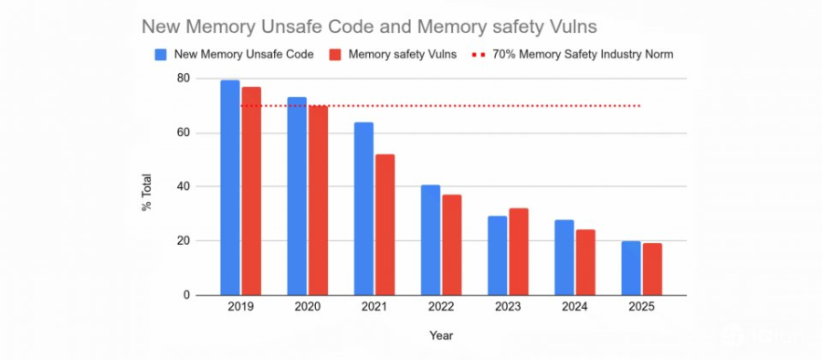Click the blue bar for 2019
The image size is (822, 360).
(x=230, y=187)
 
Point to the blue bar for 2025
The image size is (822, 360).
(x=631, y=268)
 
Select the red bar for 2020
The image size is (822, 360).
(x=318, y=200)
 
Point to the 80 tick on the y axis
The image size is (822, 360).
(x=184, y=79)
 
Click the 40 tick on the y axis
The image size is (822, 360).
(x=184, y=187)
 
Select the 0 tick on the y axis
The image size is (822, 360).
(x=186, y=295)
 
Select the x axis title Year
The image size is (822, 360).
(x=441, y=335)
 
